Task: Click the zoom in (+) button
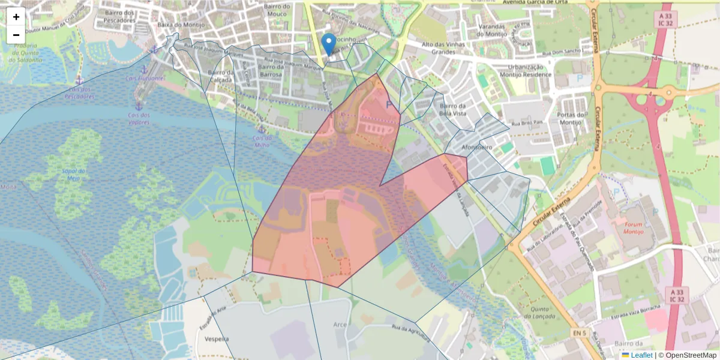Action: point(16,17)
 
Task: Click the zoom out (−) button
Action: point(16,35)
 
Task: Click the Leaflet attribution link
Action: point(641,355)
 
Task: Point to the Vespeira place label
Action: point(217,338)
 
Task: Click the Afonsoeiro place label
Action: point(478,146)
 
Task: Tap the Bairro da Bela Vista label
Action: point(453,110)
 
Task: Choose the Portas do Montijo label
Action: point(571,118)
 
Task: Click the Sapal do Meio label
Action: point(71,174)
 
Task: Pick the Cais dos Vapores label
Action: point(138,118)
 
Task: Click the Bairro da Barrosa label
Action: point(278,71)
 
